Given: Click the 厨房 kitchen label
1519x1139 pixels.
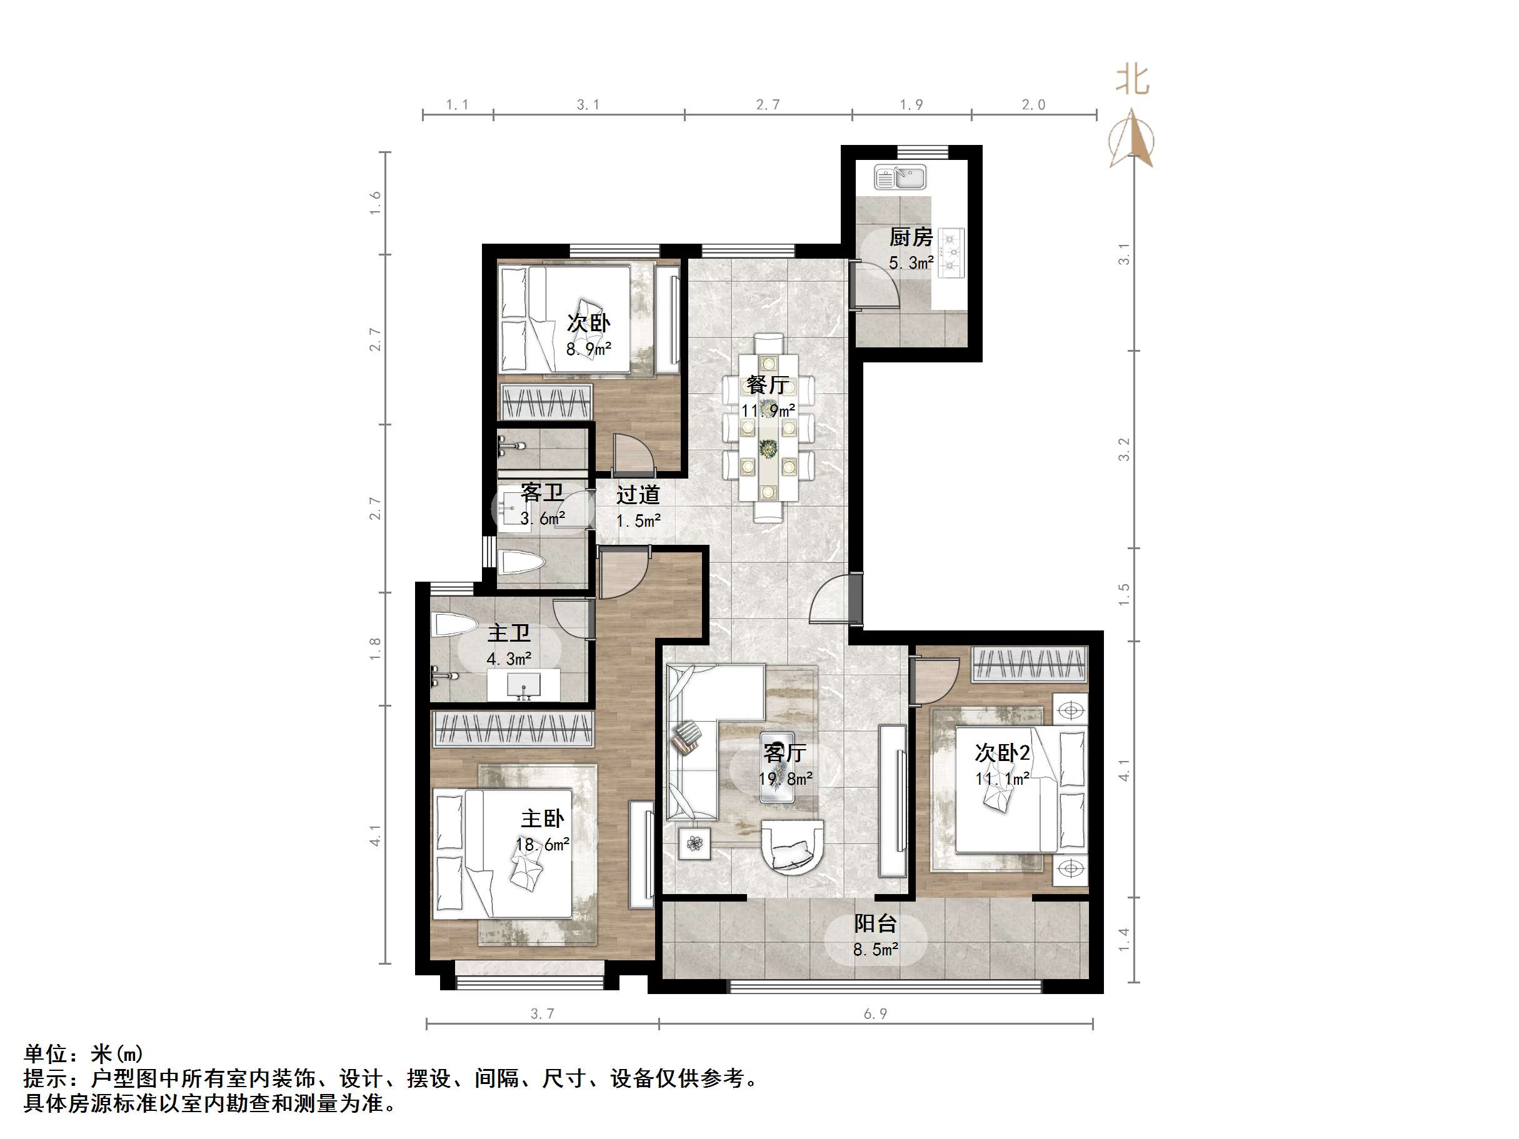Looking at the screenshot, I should (911, 237).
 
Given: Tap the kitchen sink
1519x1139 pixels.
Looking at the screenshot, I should (900, 177).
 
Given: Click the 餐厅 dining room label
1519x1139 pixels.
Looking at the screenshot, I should (767, 384).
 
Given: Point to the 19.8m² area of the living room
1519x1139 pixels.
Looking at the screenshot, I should (785, 778).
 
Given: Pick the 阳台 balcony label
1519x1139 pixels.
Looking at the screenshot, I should (875, 924).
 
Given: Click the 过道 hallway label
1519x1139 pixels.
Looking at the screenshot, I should (638, 495).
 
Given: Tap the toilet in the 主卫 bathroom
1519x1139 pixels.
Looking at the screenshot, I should (454, 625).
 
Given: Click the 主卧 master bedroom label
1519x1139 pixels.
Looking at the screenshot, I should (543, 818).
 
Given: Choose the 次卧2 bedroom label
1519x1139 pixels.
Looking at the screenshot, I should (1002, 753).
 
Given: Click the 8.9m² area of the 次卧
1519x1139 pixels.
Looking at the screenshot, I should (588, 349).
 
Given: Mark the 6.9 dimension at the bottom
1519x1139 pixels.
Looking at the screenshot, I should (875, 1014).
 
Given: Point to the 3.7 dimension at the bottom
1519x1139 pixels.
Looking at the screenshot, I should (542, 1014).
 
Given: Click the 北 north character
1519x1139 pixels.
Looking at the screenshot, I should (1131, 81).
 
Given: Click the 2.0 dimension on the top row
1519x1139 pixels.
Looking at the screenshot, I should (1033, 105).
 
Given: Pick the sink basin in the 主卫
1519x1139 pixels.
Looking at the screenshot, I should (523, 685).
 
